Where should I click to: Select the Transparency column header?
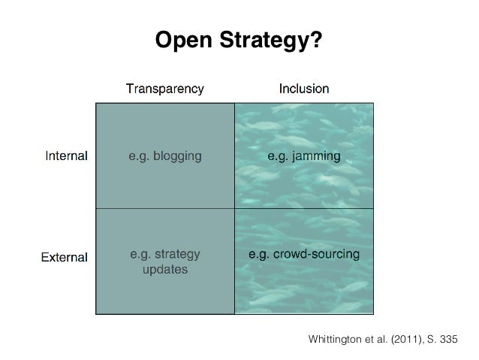pos(164,89)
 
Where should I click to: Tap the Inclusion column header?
pos(303,89)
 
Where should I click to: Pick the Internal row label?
pos(67,157)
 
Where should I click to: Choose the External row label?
pos(64,257)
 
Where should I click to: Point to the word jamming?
pos(317,157)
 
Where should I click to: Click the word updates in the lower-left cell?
pos(164,268)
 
